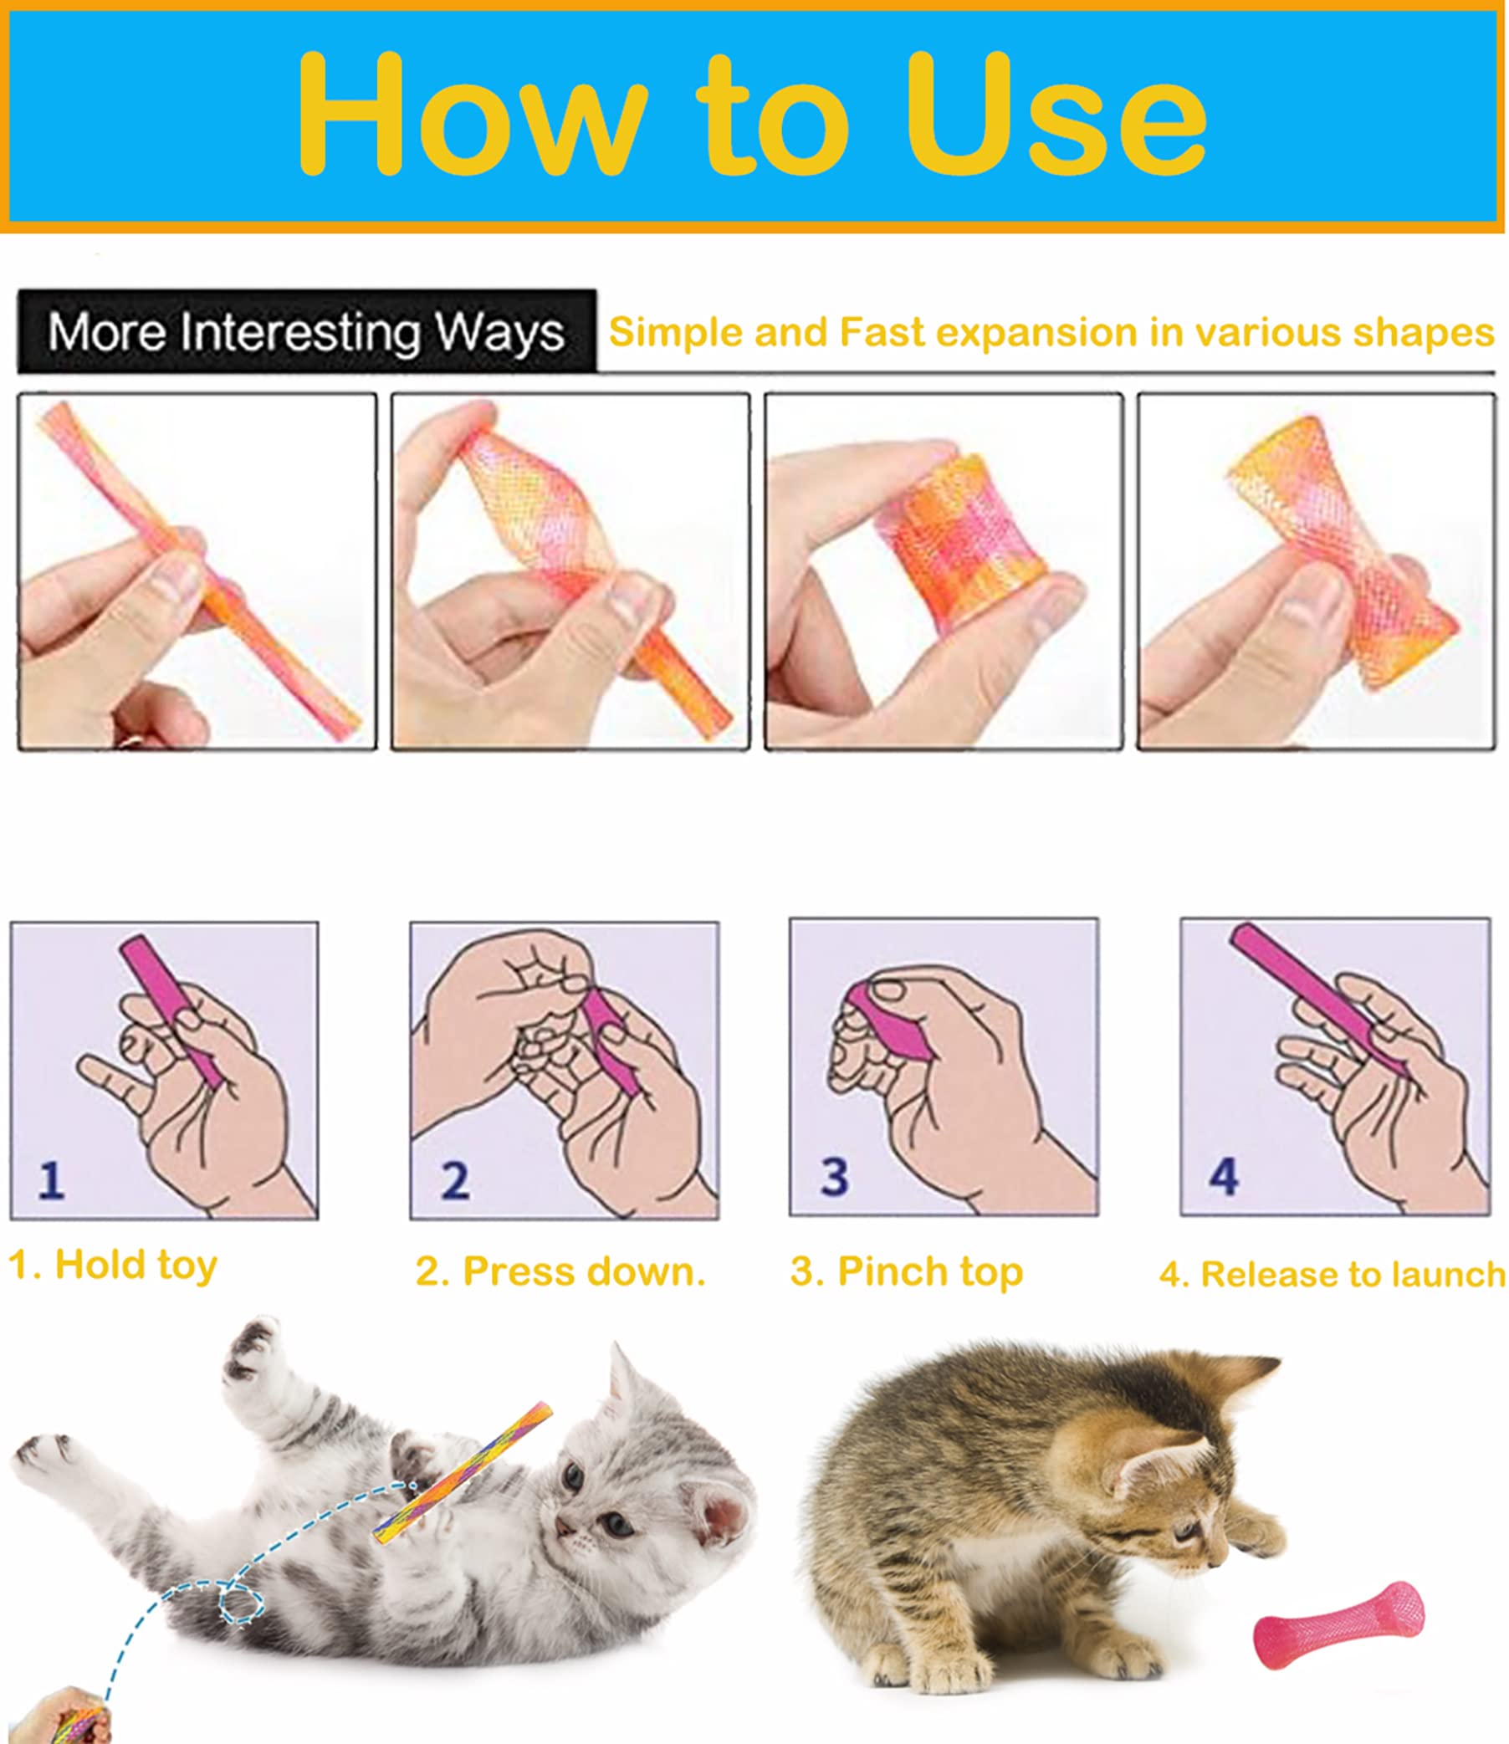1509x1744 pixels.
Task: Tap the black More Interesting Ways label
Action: coord(306,332)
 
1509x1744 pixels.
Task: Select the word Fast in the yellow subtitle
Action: coord(882,332)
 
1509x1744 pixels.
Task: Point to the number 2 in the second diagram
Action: coord(455,1180)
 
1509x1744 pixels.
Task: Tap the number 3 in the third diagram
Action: coord(834,1176)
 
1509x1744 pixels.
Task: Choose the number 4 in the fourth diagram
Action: coord(1224,1176)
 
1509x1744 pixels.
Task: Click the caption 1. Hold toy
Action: coord(113,1266)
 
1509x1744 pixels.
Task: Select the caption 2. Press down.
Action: coord(560,1271)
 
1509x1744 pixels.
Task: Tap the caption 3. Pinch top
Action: coord(906,1271)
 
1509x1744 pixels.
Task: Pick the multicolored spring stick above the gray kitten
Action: coord(463,1471)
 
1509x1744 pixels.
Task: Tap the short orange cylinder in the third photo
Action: coord(960,539)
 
